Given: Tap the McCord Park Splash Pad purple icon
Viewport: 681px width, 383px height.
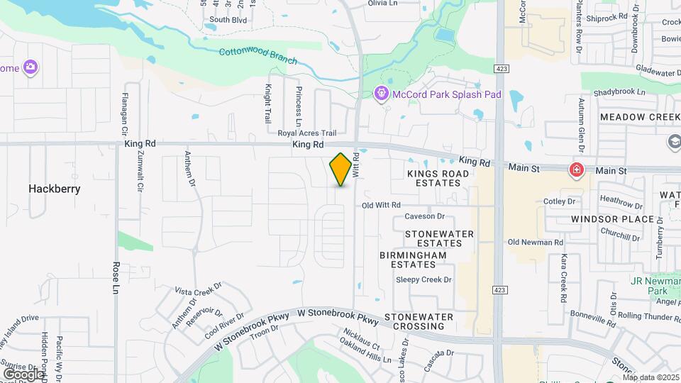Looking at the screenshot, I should [381, 94].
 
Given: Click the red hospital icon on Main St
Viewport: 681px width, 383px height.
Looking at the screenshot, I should [577, 170].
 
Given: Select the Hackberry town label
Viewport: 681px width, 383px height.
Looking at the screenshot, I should [55, 189].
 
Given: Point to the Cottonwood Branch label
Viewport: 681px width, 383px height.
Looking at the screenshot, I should [258, 56].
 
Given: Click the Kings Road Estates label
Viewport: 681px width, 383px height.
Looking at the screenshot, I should [438, 178].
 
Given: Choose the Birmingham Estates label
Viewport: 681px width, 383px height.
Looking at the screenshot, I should [413, 259].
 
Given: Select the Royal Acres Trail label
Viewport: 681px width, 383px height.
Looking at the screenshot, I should [306, 133].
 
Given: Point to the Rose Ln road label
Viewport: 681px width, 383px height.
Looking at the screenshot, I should [116, 277].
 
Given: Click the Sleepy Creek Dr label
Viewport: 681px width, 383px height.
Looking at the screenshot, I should [423, 279].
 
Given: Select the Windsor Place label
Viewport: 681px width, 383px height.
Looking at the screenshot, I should [612, 219].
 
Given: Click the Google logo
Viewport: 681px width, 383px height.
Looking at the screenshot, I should [23, 374].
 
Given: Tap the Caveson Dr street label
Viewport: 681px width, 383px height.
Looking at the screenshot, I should [424, 216].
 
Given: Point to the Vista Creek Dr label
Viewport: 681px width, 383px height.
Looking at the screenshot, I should [199, 290].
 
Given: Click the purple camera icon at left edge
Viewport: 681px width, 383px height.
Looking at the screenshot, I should [30, 68].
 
